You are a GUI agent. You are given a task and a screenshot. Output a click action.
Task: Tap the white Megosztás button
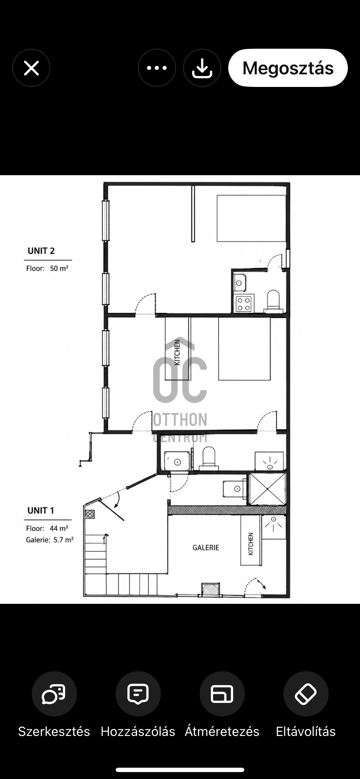288,68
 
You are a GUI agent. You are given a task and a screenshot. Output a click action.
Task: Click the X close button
31,68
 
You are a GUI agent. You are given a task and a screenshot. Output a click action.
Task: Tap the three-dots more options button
157,68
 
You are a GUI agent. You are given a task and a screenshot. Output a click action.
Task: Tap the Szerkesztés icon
54,694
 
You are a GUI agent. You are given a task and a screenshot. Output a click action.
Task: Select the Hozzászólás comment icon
138,694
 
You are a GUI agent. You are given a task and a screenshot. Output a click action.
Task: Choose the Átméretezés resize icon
222,694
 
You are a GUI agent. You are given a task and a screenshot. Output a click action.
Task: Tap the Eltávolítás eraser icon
306,694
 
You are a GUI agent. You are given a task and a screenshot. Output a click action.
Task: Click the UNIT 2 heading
41,251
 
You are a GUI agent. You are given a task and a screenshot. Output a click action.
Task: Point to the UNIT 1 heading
41,510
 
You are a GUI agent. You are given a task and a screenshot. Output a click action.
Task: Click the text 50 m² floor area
59,268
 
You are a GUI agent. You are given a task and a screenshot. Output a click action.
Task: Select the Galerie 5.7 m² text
50,540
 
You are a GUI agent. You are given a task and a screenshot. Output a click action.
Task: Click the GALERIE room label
206,548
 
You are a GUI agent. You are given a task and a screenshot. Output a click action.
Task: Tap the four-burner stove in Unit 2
244,303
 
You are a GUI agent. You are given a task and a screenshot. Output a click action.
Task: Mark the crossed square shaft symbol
267,489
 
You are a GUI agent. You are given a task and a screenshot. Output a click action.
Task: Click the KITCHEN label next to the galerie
251,544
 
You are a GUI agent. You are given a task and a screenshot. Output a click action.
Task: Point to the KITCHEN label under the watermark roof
177,352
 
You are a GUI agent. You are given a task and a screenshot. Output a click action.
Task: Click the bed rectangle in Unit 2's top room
251,218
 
